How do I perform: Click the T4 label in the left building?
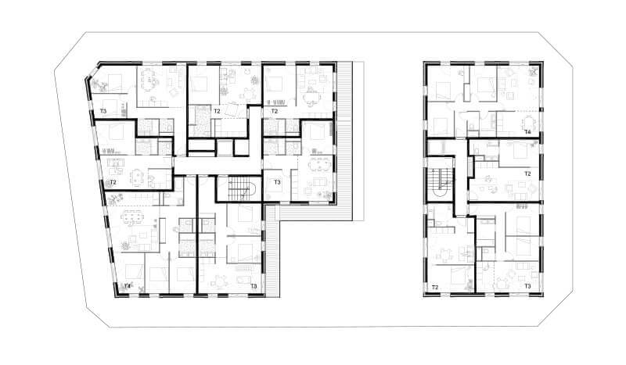128,285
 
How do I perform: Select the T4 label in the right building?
527,131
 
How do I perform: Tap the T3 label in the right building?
527,286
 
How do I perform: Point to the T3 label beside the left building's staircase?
277,182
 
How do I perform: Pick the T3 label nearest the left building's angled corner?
103,111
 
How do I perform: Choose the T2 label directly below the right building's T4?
527,174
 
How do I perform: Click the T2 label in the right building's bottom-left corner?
435,287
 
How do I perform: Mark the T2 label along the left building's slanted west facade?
113,182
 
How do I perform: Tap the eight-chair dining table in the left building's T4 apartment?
133,216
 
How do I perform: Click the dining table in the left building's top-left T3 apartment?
148,77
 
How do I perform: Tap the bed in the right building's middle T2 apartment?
518,151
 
